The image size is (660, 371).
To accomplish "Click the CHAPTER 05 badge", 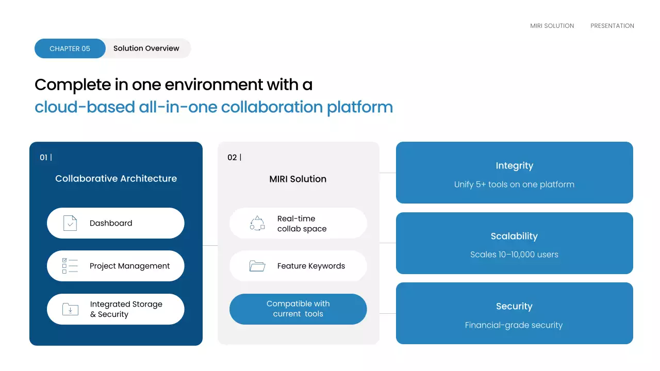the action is pyautogui.click(x=70, y=48).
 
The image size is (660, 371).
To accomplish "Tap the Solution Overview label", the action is pyautogui.click(x=146, y=48).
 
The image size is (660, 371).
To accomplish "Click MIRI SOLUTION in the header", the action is pyautogui.click(x=552, y=26).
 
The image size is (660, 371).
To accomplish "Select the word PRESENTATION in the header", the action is pyautogui.click(x=612, y=26).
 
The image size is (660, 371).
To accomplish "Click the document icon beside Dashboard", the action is pyautogui.click(x=70, y=223).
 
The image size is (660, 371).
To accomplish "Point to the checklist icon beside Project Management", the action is pyautogui.click(x=70, y=266).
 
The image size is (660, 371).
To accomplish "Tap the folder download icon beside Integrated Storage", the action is pyautogui.click(x=70, y=309).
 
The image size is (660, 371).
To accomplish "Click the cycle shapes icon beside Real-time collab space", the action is pyautogui.click(x=257, y=223).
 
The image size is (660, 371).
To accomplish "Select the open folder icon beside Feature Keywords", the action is pyautogui.click(x=257, y=266).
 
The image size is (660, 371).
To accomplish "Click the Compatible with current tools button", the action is pyautogui.click(x=298, y=309).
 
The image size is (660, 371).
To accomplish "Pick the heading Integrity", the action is pyautogui.click(x=514, y=166).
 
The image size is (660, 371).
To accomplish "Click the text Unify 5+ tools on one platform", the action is pyautogui.click(x=514, y=184).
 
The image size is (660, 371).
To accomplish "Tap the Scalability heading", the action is pyautogui.click(x=514, y=236).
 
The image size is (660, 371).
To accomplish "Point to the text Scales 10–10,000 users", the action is pyautogui.click(x=514, y=255).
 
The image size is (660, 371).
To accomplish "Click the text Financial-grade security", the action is pyautogui.click(x=514, y=325).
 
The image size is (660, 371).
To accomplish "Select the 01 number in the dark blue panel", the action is pyautogui.click(x=43, y=158).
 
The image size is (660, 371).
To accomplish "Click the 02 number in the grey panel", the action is pyautogui.click(x=232, y=158).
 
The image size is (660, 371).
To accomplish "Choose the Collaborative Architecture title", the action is pyautogui.click(x=116, y=178).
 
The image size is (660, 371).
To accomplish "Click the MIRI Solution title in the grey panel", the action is pyautogui.click(x=298, y=179).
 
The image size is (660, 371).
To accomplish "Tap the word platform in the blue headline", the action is pyautogui.click(x=360, y=107).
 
